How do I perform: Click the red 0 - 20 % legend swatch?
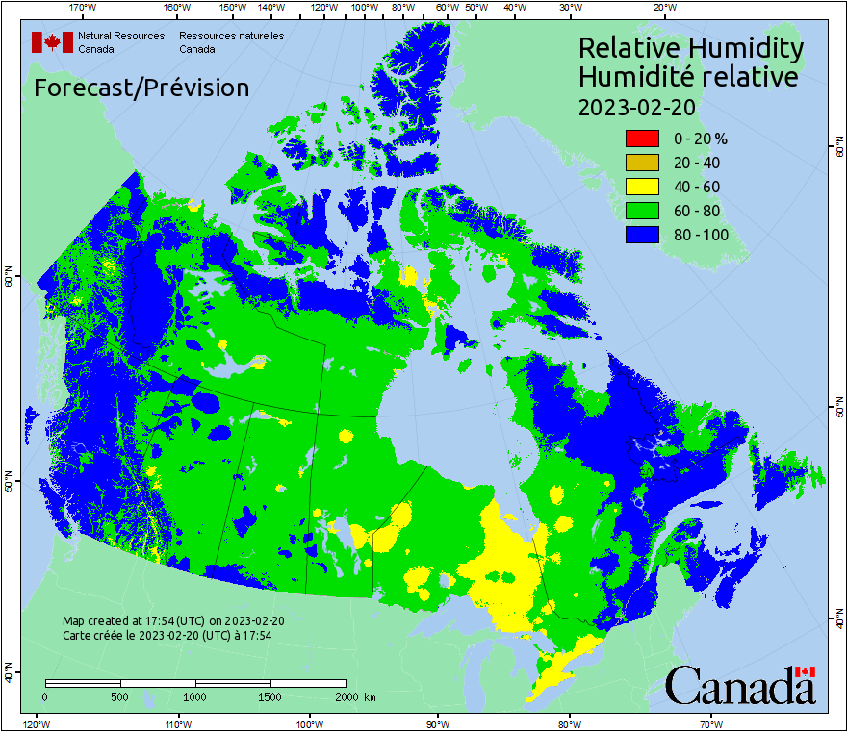coord(642,139)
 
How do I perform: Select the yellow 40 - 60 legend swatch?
coord(642,187)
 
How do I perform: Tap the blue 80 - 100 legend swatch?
coord(642,235)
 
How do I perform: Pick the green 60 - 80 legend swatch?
coord(642,211)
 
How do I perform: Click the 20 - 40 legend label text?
coord(696,163)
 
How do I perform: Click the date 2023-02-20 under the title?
coord(636,107)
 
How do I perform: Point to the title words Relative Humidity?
coord(690,47)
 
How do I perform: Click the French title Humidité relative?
coord(687,76)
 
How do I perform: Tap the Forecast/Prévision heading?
coord(141,88)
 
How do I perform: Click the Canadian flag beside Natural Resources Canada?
coord(52,42)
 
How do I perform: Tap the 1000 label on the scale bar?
coord(195,696)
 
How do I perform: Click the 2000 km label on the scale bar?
coord(354,696)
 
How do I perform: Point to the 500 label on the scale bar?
coord(120,696)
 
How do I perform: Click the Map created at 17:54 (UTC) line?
coord(172,620)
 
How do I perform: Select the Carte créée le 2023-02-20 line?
coord(167,635)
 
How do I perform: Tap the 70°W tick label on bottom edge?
coord(710,723)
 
